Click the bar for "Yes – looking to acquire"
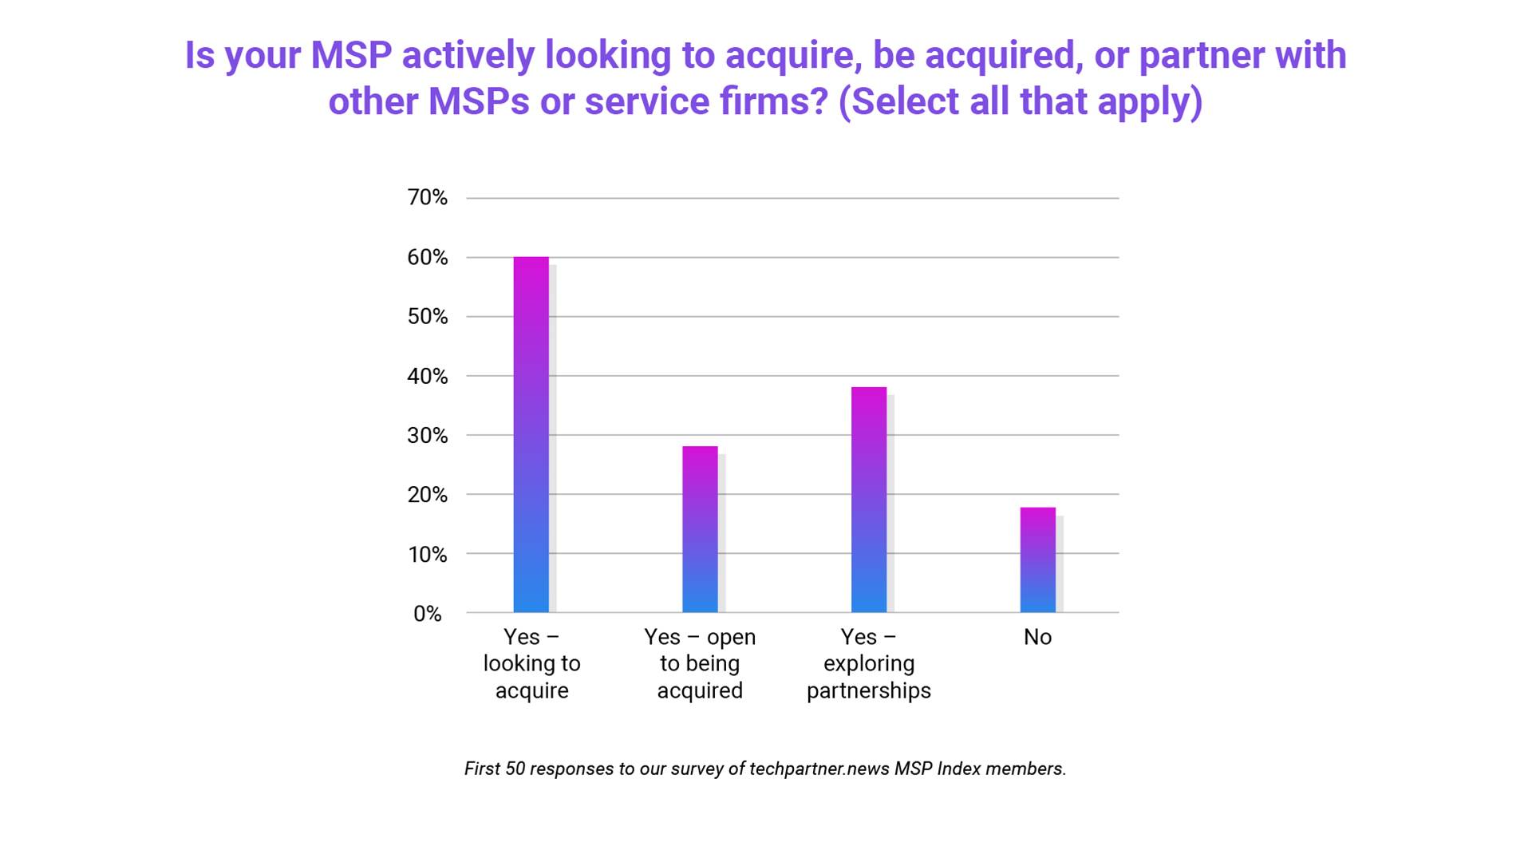point(531,435)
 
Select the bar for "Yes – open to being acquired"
point(700,529)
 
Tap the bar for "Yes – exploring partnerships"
point(869,500)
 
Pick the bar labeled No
point(1037,560)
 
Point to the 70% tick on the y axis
point(428,197)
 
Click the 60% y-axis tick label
point(428,257)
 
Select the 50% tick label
point(428,316)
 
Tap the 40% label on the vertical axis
point(428,376)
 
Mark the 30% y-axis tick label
point(428,435)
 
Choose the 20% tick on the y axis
point(428,494)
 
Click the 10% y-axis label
point(428,554)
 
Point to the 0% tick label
point(428,613)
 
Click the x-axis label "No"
point(1037,637)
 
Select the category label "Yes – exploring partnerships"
point(869,663)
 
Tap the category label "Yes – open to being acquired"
point(700,663)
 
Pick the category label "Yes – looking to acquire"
point(531,663)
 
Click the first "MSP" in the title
point(351,55)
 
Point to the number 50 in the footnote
point(515,769)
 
